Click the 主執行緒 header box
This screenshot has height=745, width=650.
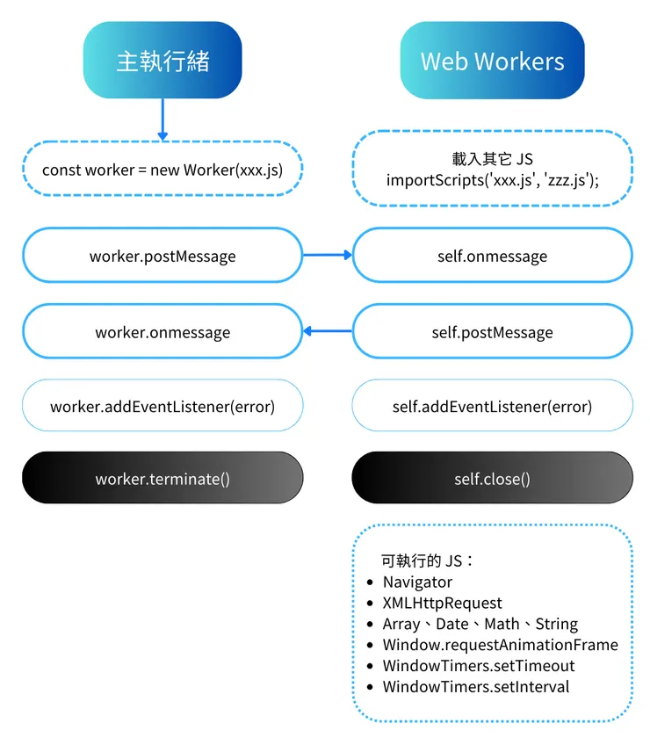coord(162,60)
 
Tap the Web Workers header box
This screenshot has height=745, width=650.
coord(492,61)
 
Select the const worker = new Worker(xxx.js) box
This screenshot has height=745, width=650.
coord(162,169)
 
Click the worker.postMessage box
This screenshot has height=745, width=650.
coord(162,256)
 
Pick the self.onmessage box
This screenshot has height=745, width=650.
coord(492,256)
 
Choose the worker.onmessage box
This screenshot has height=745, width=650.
coord(162,332)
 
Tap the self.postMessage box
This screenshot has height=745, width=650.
coord(492,332)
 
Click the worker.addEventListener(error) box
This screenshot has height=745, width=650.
coord(162,406)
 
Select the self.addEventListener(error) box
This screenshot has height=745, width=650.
coord(492,406)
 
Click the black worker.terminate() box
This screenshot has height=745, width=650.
coord(162,479)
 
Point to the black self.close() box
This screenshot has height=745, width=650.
coord(492,479)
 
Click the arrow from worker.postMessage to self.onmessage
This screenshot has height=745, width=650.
coord(327,255)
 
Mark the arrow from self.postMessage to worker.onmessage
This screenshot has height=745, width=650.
coord(327,331)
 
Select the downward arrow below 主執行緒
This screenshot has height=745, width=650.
coord(162,119)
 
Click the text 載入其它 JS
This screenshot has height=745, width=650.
coord(492,159)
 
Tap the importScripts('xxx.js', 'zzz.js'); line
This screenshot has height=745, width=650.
coord(492,179)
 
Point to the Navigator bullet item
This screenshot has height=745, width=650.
coord(417,582)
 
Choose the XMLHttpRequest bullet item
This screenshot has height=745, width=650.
coord(442,603)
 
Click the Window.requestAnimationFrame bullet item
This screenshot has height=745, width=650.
coord(500,645)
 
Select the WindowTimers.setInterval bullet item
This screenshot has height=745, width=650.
coord(475,687)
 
